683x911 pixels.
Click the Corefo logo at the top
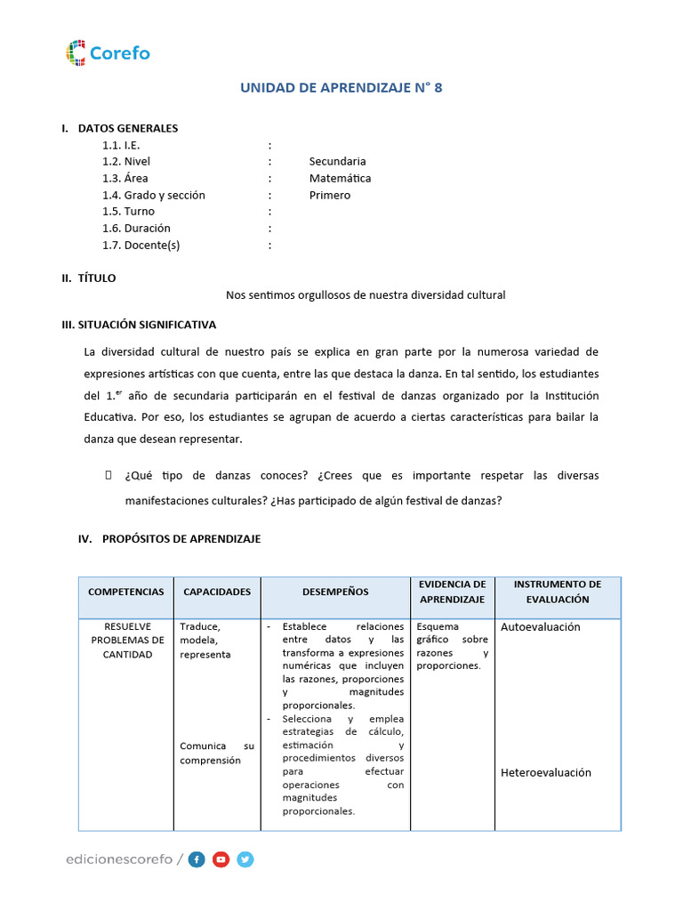point(108,53)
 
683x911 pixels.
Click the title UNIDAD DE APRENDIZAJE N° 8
point(341,87)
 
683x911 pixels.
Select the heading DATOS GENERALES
point(128,128)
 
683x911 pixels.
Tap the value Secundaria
point(337,161)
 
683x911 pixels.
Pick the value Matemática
point(340,178)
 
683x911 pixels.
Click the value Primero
point(330,195)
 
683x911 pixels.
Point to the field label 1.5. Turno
point(128,212)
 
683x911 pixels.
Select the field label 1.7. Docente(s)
point(147,246)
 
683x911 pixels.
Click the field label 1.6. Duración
point(136,229)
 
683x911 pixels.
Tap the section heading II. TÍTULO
point(89,278)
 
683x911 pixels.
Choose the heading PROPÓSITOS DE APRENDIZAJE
point(181,539)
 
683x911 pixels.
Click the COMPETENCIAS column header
point(126,592)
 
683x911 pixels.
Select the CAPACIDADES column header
point(217,592)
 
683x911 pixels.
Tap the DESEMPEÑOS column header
point(335,592)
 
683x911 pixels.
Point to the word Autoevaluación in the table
point(541,627)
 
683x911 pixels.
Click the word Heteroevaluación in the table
point(546,773)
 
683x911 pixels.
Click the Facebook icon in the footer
point(197,859)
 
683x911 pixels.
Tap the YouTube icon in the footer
point(221,859)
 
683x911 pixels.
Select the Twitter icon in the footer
point(245,859)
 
